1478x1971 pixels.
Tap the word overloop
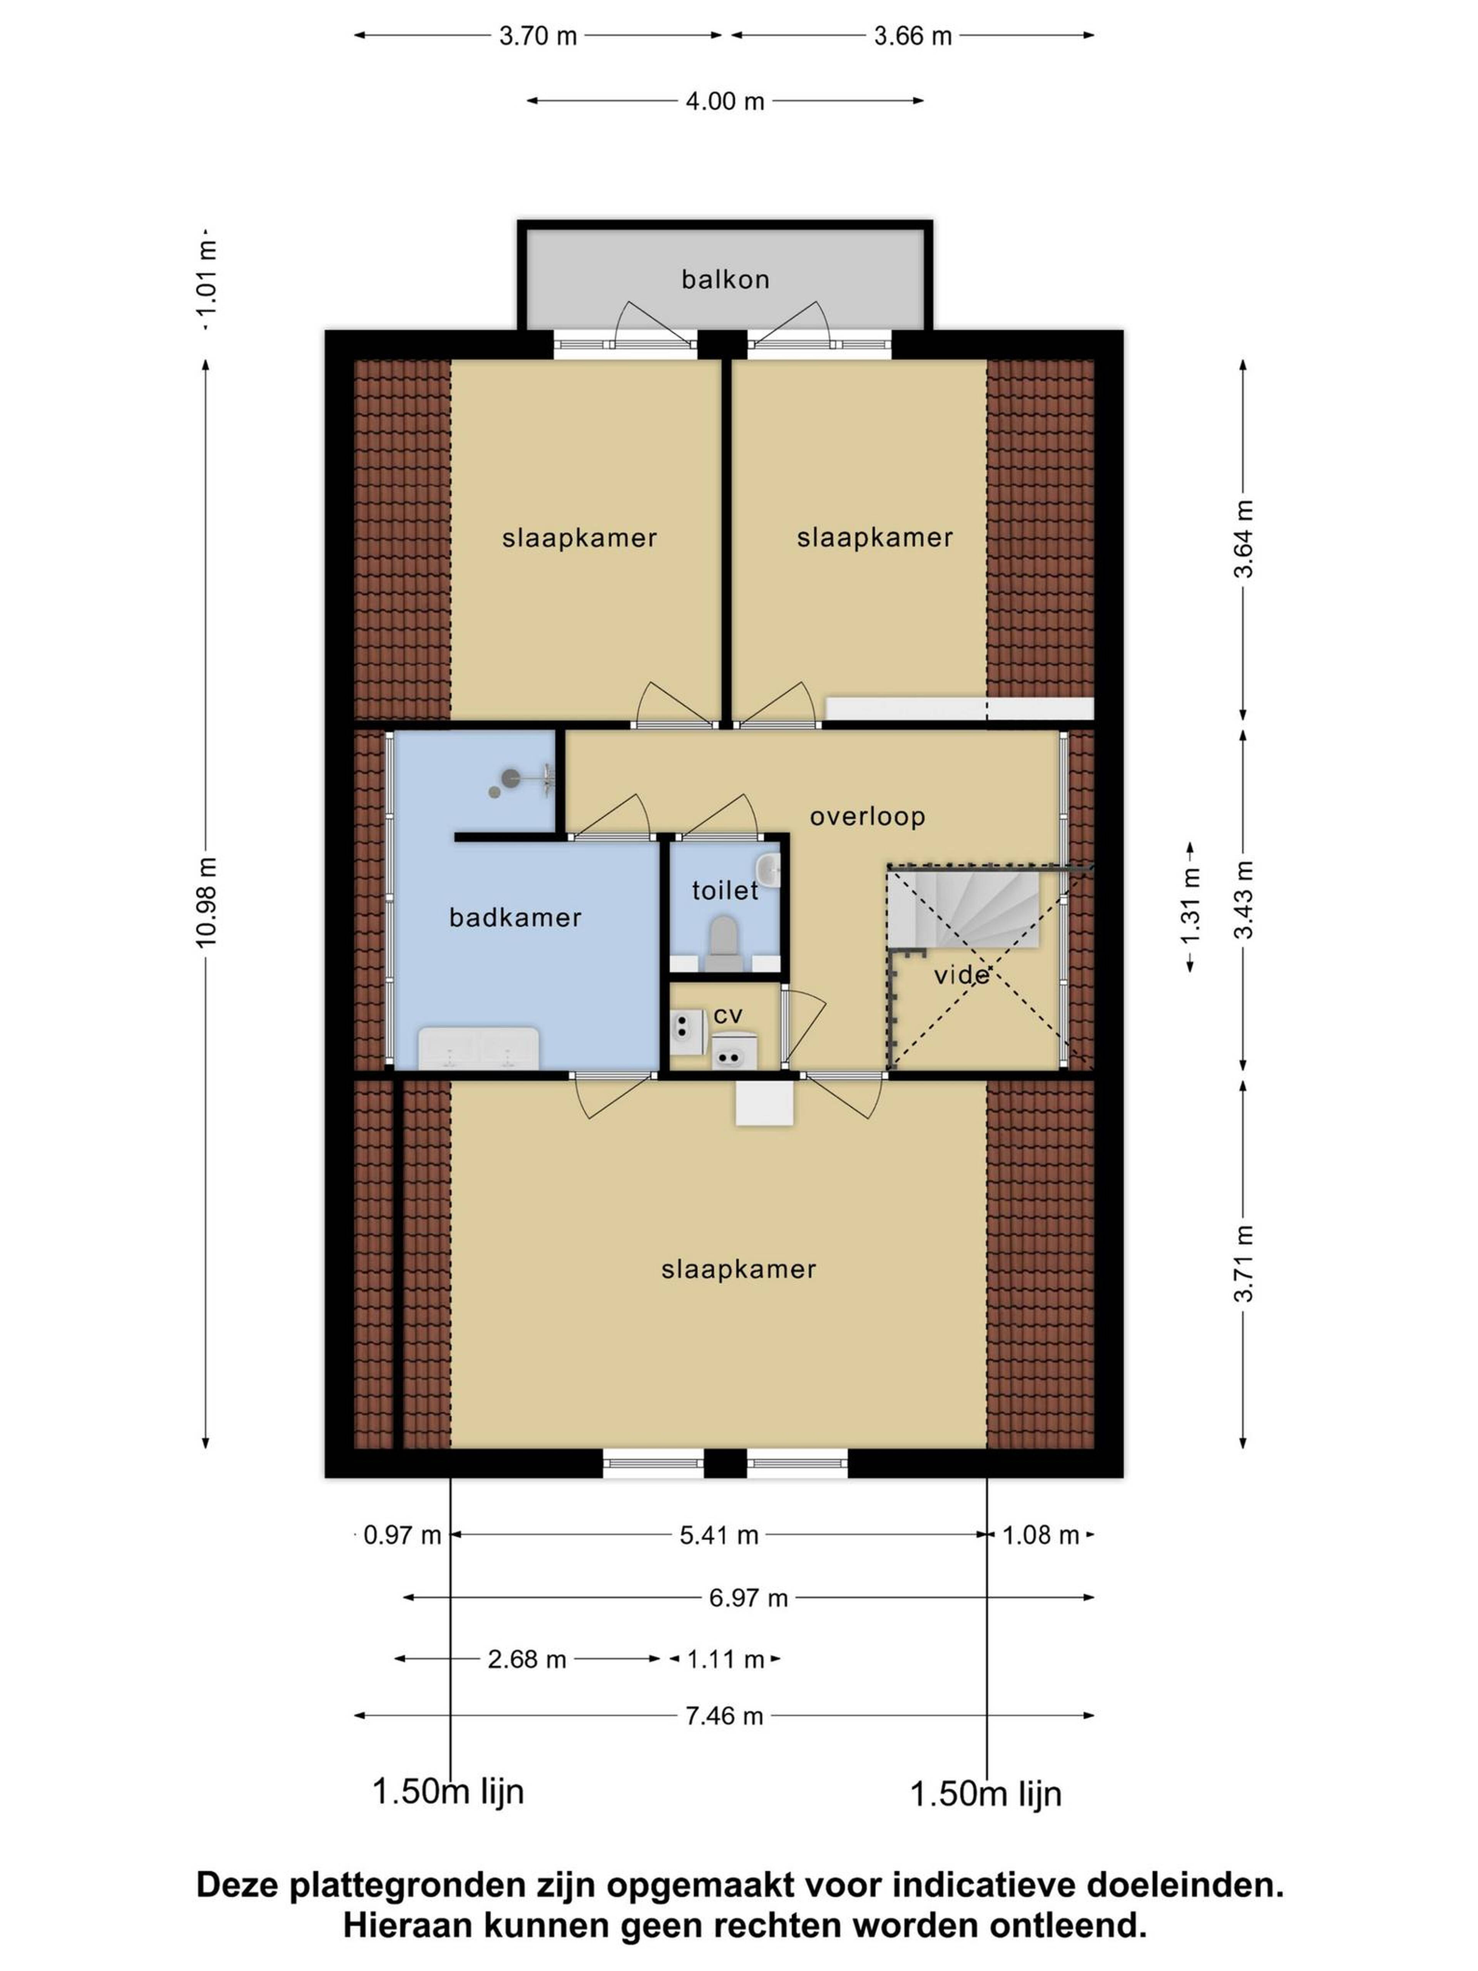click(x=867, y=816)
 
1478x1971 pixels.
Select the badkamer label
click(x=515, y=918)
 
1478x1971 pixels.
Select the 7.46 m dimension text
click(x=723, y=1715)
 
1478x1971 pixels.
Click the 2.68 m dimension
click(x=527, y=1659)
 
